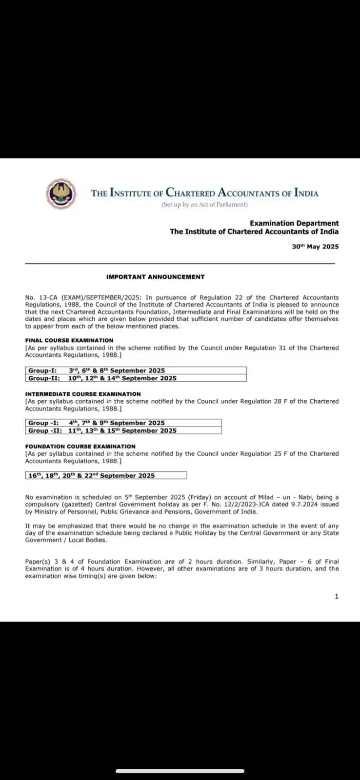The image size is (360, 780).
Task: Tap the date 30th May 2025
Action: [x=315, y=247]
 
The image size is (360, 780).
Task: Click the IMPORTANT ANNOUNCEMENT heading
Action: [x=155, y=277]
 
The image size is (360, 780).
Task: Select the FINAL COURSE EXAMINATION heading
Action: [x=69, y=340]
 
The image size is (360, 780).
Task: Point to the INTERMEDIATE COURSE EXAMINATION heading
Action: [x=83, y=394]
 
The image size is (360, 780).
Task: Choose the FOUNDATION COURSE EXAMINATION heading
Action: [x=80, y=446]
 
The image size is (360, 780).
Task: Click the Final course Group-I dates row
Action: [x=136, y=370]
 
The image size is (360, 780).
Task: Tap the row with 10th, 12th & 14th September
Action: [x=136, y=378]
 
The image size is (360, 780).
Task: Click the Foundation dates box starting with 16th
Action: [x=106, y=475]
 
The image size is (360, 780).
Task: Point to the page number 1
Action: [x=336, y=596]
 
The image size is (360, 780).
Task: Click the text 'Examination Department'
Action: [x=294, y=223]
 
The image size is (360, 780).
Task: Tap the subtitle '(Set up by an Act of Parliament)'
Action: [x=205, y=205]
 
